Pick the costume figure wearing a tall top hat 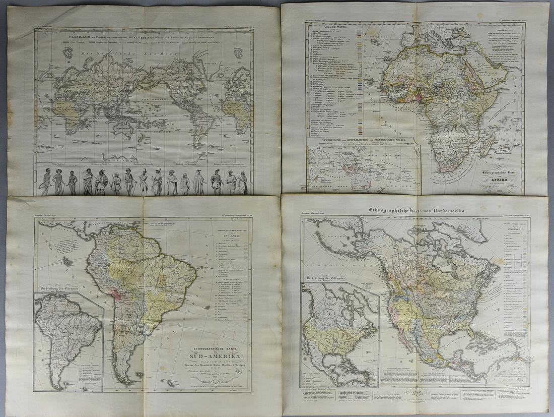143,182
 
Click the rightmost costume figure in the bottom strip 243,183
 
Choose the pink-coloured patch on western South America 116,293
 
